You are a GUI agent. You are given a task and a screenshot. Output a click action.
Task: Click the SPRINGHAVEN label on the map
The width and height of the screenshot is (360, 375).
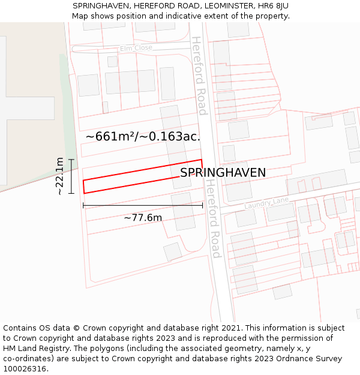[223, 173]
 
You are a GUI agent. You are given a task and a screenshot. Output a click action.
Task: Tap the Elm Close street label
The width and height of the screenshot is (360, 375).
[136, 48]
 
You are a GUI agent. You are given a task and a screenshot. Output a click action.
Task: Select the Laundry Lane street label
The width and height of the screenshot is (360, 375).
[266, 203]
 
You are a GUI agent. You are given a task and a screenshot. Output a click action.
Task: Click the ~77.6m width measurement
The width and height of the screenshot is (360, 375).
[143, 217]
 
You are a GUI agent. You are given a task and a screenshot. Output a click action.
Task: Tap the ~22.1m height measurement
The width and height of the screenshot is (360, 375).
[60, 176]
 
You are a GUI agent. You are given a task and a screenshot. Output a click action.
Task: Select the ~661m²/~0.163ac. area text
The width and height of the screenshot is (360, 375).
[143, 137]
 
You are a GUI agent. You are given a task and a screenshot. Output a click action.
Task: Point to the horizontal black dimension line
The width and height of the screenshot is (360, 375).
[143, 206]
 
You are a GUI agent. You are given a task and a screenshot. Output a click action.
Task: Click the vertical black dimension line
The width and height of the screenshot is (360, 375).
[71, 176]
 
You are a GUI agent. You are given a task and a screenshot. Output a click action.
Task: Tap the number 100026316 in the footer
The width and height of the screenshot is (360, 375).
[26, 369]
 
